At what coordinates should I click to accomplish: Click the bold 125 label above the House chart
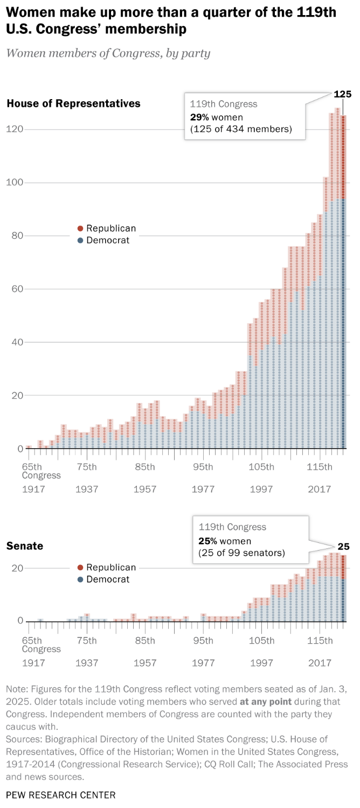point(342,94)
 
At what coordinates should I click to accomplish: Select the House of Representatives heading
point(73,103)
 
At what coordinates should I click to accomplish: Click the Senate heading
point(25,546)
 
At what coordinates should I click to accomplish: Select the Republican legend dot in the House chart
point(80,228)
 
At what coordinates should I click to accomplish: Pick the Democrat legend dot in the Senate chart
point(80,580)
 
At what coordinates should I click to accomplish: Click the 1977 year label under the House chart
point(203,489)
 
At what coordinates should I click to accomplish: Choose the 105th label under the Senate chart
point(261,640)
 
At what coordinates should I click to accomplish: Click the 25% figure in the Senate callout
point(207,541)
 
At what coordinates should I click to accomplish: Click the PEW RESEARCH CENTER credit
point(60,795)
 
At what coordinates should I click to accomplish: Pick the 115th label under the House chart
point(320,466)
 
